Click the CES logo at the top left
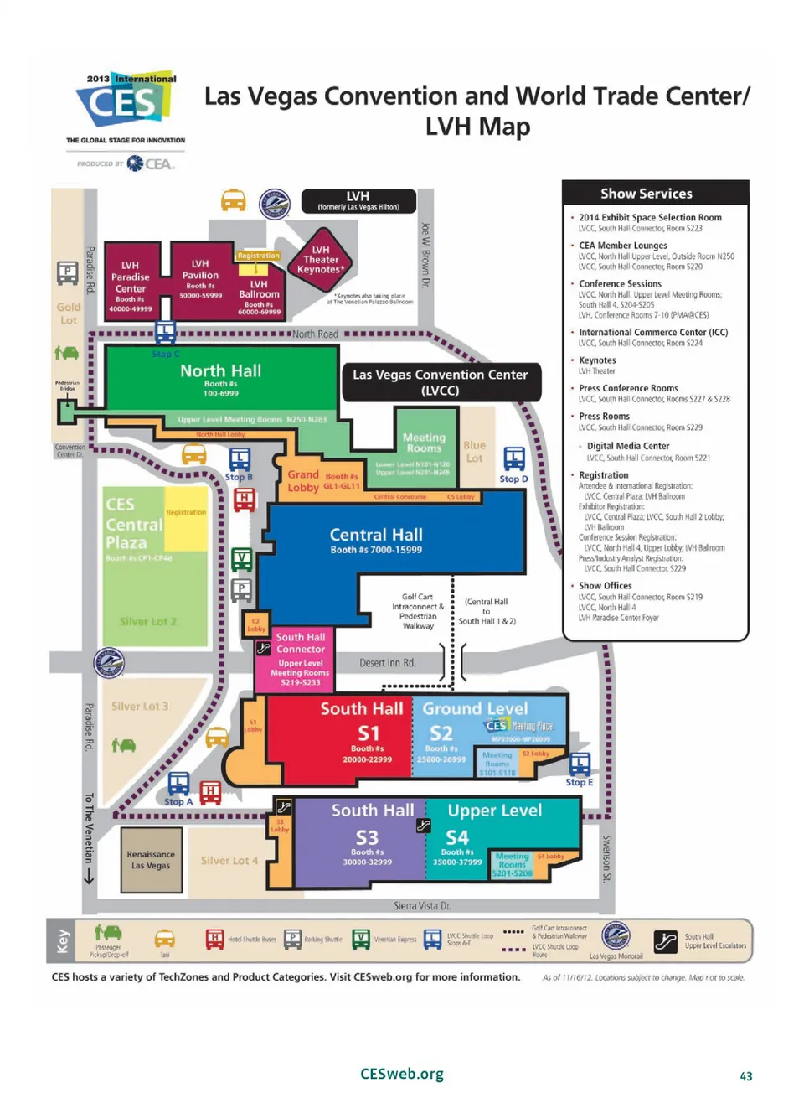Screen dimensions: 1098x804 (126, 101)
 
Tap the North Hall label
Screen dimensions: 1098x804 (220, 370)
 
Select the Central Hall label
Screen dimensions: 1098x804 (376, 535)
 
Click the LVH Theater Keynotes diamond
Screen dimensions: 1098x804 (321, 259)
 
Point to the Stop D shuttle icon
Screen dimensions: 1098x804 (514, 458)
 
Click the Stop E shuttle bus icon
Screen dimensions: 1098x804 (580, 764)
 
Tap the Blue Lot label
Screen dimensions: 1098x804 (474, 452)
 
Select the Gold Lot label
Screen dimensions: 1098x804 (69, 313)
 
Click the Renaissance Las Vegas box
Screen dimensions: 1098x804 (151, 860)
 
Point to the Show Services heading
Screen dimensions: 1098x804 (646, 194)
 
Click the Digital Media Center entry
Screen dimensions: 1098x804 (628, 446)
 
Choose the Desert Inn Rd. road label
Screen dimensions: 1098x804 (387, 663)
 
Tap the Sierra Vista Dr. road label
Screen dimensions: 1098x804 (422, 906)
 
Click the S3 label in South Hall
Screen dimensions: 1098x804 (367, 837)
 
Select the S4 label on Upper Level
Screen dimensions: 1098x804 (457, 837)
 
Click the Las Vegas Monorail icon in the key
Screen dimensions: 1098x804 (616, 935)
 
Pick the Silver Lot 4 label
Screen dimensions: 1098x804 (229, 861)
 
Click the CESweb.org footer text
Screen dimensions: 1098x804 (402, 1074)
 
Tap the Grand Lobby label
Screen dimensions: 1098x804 (303, 481)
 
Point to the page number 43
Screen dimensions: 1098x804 (745, 1076)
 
